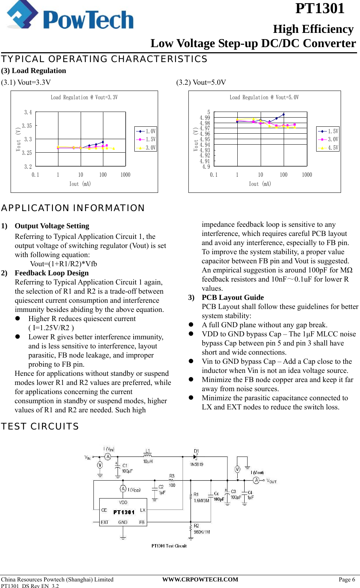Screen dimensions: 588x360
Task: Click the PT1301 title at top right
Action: tap(319, 8)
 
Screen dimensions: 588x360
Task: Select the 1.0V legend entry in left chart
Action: tap(146, 131)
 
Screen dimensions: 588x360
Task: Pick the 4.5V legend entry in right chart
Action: tap(328, 148)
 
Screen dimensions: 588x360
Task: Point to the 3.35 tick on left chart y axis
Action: tap(27, 126)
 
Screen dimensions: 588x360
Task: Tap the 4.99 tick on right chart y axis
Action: tap(205, 118)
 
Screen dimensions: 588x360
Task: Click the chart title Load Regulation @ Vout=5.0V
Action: tap(264, 97)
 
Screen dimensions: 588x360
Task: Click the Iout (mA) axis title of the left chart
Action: tap(80, 184)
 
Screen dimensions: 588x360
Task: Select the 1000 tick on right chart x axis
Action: tap(307, 175)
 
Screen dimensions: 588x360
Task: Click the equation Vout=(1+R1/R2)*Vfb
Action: tap(63, 264)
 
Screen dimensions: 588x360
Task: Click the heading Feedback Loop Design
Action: tap(51, 273)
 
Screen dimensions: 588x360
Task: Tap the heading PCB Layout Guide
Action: tap(233, 297)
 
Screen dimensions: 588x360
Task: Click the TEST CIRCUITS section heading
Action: tap(40, 426)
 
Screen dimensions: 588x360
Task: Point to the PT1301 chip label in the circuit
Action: tap(124, 512)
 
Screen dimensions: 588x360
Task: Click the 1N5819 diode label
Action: tap(196, 464)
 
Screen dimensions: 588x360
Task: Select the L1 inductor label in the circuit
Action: tap(148, 451)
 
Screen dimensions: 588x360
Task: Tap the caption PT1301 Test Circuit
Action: tap(169, 546)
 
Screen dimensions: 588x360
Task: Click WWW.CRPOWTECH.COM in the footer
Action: tap(200, 579)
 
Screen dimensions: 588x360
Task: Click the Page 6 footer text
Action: tap(346, 579)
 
